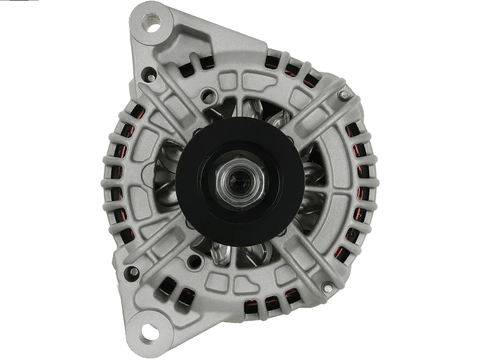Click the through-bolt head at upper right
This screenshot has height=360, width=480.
[x=344, y=94]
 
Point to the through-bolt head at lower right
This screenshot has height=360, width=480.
[x=328, y=288]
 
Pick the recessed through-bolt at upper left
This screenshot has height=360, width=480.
[x=149, y=74]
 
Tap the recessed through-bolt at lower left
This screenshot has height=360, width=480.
[x=132, y=273]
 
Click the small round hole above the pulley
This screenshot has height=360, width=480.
[x=209, y=94]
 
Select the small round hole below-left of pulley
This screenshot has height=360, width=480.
[x=194, y=262]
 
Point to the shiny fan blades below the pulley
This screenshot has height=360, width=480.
[x=240, y=252]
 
